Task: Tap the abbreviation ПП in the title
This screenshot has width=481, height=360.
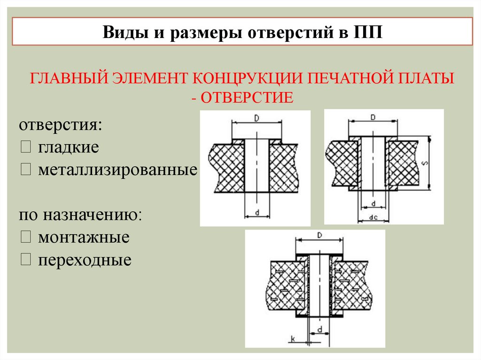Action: click(370, 33)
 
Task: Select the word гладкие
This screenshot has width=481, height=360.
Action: click(69, 148)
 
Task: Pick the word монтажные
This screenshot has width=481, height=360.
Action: click(84, 237)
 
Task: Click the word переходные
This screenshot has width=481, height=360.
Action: click(85, 260)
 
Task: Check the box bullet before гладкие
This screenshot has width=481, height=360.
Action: click(25, 148)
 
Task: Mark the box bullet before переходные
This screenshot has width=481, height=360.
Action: click(25, 260)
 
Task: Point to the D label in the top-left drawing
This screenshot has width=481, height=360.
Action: click(256, 119)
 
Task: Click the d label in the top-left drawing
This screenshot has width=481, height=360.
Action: click(258, 212)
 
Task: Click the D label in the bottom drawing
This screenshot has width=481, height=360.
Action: click(319, 234)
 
